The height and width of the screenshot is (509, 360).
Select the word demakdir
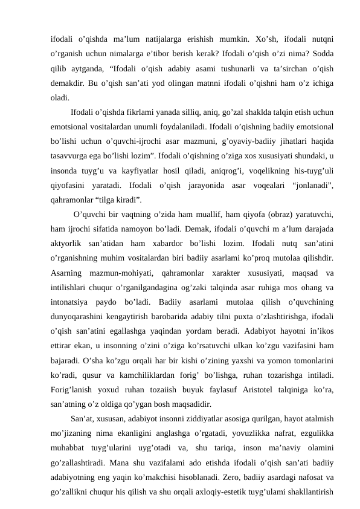pos(67,82)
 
